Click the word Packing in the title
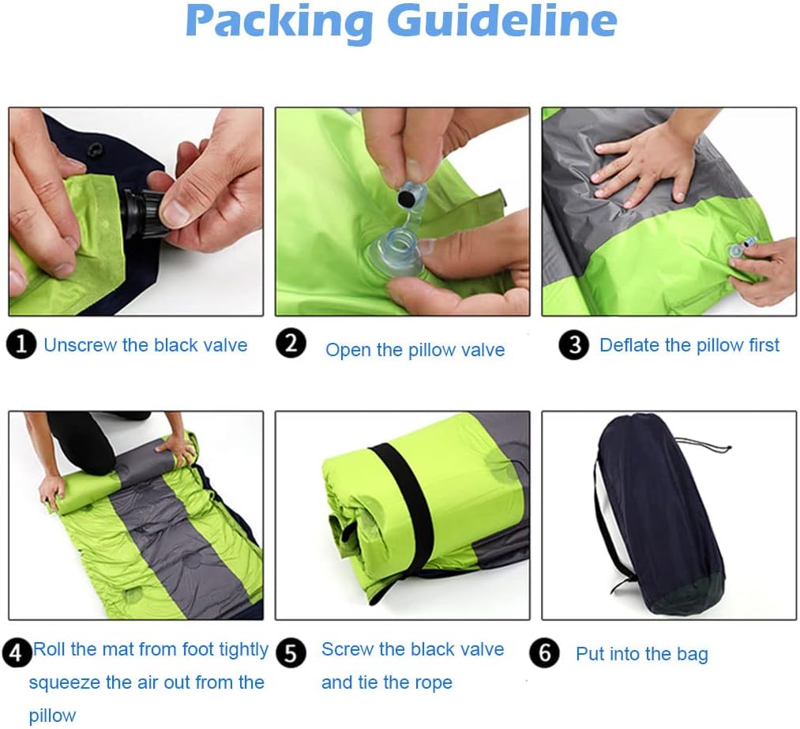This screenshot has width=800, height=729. tap(279, 22)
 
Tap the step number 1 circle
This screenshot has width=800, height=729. tap(21, 344)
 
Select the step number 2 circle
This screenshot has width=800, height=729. tap(291, 343)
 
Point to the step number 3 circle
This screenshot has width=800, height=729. tap(574, 345)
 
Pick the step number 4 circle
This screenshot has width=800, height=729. tap(17, 653)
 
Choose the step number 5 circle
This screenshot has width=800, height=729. tap(291, 653)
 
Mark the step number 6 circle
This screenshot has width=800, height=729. tap(544, 653)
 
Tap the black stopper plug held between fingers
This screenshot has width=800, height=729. tap(408, 197)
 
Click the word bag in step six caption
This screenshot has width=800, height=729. tap(693, 656)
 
